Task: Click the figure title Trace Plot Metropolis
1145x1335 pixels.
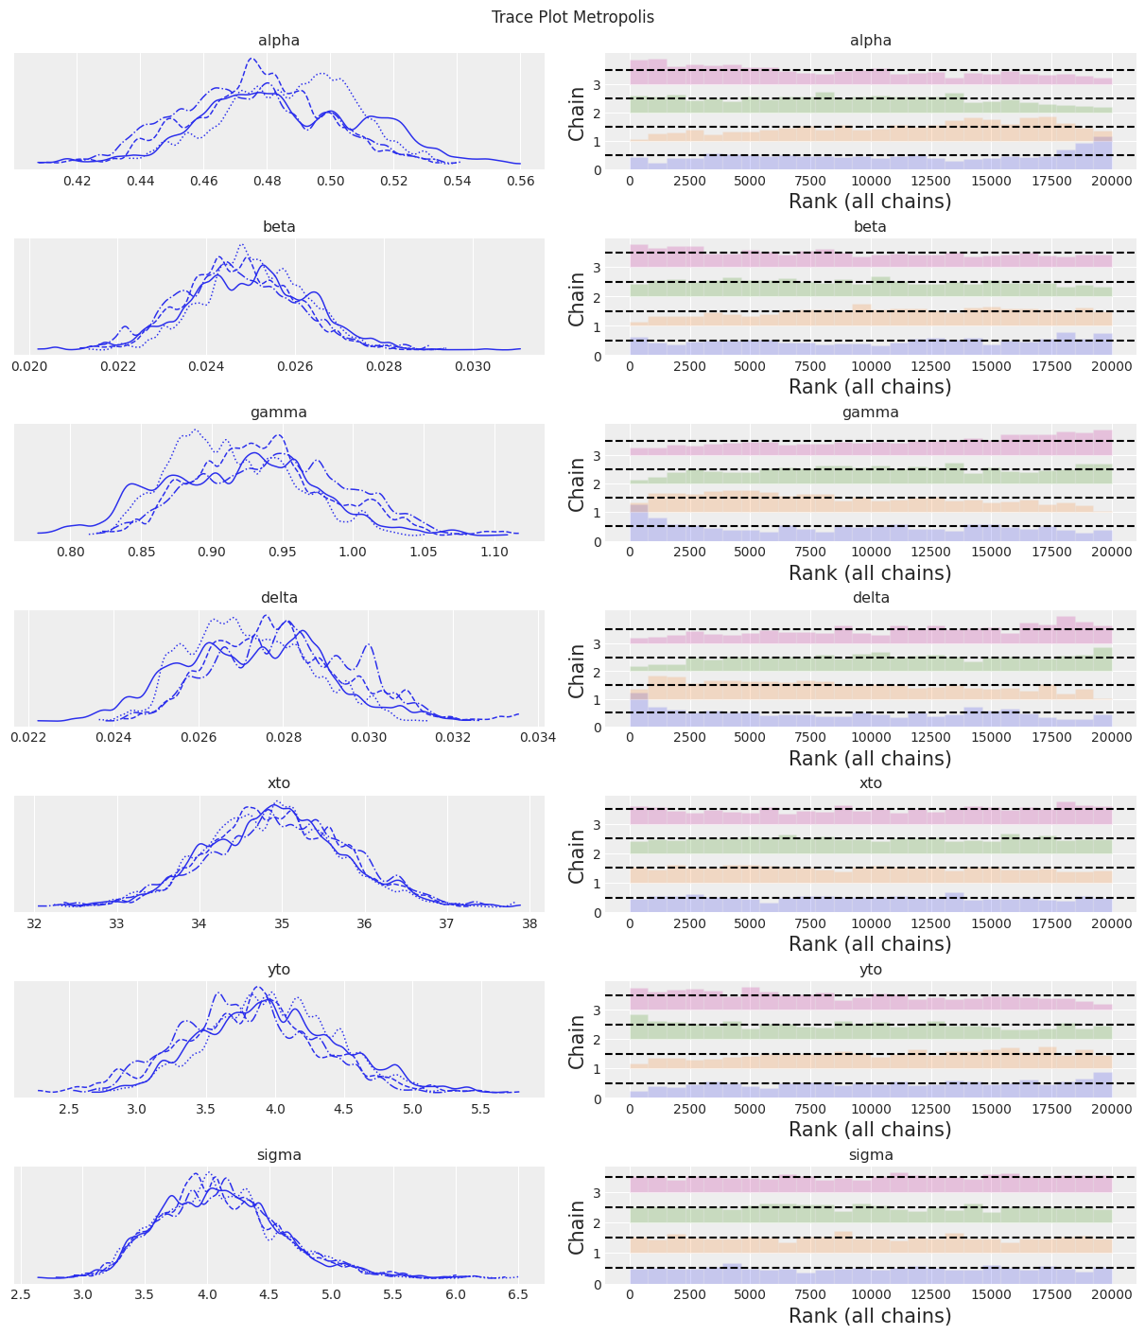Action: pyautogui.click(x=572, y=17)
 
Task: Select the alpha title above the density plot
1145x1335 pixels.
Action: pyautogui.click(x=279, y=41)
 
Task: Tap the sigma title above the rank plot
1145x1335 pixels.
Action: pyautogui.click(x=870, y=1155)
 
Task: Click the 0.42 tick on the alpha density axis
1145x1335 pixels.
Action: pyautogui.click(x=77, y=182)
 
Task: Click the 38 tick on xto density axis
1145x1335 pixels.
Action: pyautogui.click(x=529, y=924)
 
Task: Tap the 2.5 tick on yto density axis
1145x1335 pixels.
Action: pyautogui.click(x=69, y=1110)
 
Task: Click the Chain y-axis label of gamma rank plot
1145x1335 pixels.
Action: pyautogui.click(x=577, y=484)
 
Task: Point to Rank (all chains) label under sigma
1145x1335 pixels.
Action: pyautogui.click(x=870, y=1315)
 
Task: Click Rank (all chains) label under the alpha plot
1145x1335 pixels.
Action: pyautogui.click(x=870, y=201)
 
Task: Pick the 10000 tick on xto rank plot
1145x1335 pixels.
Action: pyautogui.click(x=870, y=924)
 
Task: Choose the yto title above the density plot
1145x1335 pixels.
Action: pyautogui.click(x=279, y=970)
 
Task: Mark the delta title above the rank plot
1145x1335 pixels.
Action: pyautogui.click(x=870, y=598)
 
